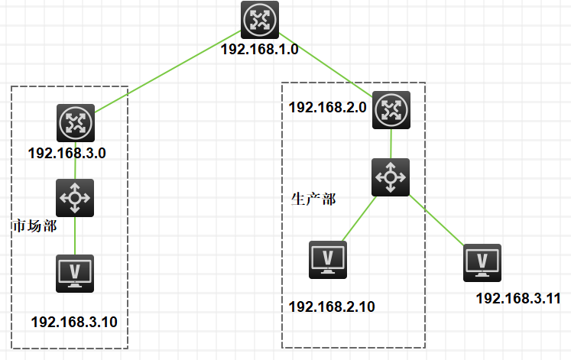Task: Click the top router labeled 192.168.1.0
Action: (x=259, y=20)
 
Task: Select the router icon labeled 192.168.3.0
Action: (x=75, y=122)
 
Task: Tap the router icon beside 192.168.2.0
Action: (x=391, y=110)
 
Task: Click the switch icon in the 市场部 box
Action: (x=75, y=197)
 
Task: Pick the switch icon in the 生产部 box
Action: (x=391, y=177)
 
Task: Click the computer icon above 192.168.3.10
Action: (x=75, y=273)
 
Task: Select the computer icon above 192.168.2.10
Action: (x=328, y=259)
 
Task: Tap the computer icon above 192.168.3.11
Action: (x=482, y=262)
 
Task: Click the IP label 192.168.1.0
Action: (x=259, y=49)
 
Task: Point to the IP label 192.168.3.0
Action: (x=67, y=153)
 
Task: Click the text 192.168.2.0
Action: (x=328, y=107)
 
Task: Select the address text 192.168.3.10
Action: (x=74, y=322)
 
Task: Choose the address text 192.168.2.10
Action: (x=332, y=306)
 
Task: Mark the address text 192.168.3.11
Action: (x=518, y=298)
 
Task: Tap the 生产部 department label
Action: (x=313, y=199)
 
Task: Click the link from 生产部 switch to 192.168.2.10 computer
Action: (x=358, y=219)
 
